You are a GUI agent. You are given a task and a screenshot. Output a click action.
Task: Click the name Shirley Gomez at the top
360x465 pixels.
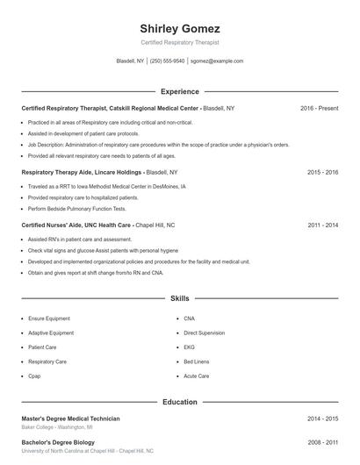coord(179,29)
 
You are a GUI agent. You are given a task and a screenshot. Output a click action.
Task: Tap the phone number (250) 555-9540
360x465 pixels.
coord(167,61)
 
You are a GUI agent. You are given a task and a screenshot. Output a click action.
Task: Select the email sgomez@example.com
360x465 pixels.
coord(217,61)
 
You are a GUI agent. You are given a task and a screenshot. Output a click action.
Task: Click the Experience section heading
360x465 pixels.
coord(179,91)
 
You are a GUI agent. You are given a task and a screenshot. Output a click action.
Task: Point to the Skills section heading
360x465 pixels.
coord(179,298)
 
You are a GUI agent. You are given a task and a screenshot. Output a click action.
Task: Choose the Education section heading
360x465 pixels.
coord(179,402)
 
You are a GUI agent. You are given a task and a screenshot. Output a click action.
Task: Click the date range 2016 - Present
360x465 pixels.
coord(319,108)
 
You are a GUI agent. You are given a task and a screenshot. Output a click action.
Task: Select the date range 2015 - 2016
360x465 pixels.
coord(322,173)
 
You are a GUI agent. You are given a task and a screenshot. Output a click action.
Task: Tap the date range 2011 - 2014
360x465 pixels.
coord(322,225)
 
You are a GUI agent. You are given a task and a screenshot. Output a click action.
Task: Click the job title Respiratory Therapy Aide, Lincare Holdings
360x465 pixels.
coord(82,173)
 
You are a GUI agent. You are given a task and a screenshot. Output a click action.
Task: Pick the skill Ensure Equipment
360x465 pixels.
coord(49,318)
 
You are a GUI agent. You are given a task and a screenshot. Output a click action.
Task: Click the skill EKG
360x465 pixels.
coord(189,347)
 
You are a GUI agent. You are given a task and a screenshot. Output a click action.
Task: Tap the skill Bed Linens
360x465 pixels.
coord(196,361)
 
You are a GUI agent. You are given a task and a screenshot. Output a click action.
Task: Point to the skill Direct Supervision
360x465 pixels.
coord(205,333)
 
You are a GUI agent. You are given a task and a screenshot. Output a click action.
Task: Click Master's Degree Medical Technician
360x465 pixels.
coord(70,418)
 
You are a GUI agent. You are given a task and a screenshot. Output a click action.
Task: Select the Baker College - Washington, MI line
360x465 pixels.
coord(62,426)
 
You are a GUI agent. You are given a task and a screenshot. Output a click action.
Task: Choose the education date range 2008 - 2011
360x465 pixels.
coord(322,442)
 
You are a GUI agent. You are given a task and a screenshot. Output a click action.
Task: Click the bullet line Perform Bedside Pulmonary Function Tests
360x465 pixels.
coord(76,209)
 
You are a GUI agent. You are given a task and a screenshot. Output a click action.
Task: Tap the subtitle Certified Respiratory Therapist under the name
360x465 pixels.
coord(179,42)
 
